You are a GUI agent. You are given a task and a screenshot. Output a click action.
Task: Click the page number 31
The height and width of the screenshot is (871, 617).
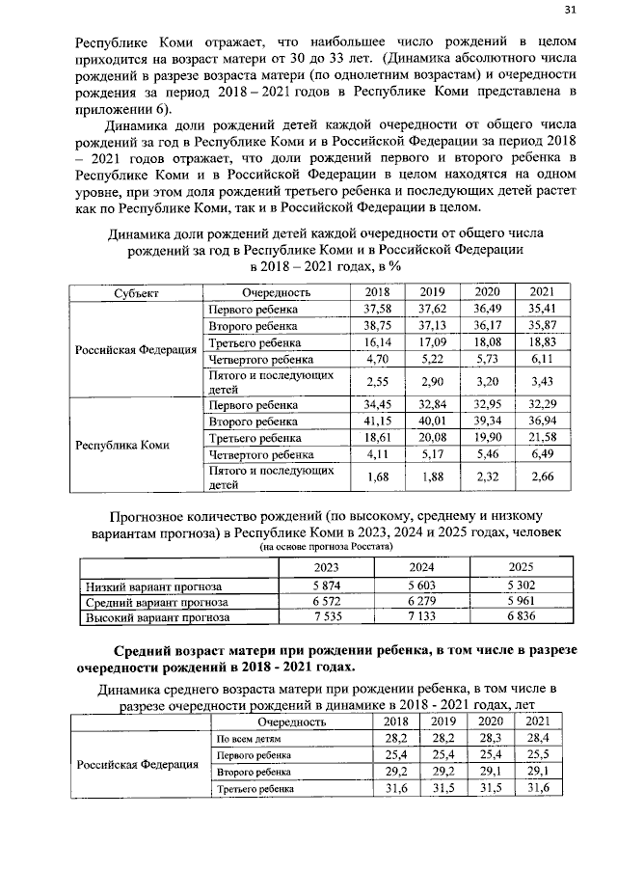[x=570, y=12]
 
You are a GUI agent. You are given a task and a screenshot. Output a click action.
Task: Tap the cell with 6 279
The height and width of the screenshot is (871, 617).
[x=422, y=602]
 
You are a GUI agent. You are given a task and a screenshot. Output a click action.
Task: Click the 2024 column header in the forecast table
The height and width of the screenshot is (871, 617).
[x=422, y=567]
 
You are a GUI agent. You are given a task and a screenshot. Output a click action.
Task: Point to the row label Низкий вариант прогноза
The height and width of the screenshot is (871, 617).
[x=155, y=585]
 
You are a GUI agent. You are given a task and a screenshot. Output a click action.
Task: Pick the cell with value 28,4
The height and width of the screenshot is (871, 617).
[x=539, y=738]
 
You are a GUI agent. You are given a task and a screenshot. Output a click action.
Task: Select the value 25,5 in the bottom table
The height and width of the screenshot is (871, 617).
[x=539, y=754]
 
